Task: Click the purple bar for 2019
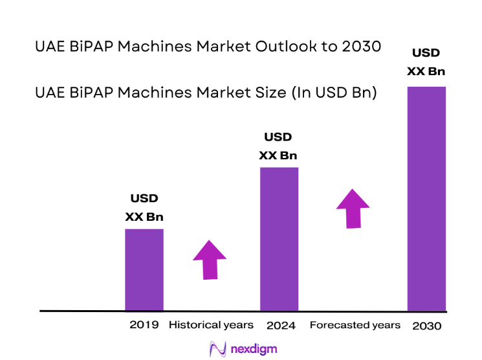tap(144, 269)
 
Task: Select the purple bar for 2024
tap(279, 239)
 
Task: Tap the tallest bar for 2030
tap(426, 198)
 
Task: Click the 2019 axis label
tap(144, 325)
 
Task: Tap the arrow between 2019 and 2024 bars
tap(210, 260)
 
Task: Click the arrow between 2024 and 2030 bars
tap(353, 208)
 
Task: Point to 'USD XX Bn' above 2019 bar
tap(144, 208)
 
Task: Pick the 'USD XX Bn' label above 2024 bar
tap(278, 146)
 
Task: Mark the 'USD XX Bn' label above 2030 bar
tap(426, 62)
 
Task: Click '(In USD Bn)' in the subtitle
tap(334, 93)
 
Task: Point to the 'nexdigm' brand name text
tap(253, 349)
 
